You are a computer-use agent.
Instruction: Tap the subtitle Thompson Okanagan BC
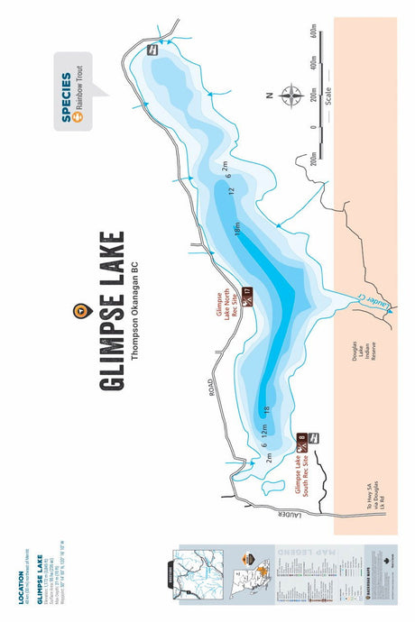point(134,312)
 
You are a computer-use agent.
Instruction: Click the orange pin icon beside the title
point(79,312)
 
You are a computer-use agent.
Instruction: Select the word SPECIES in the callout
point(65,95)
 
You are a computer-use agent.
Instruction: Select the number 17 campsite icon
point(245,292)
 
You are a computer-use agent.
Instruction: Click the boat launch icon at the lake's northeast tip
point(152,50)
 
